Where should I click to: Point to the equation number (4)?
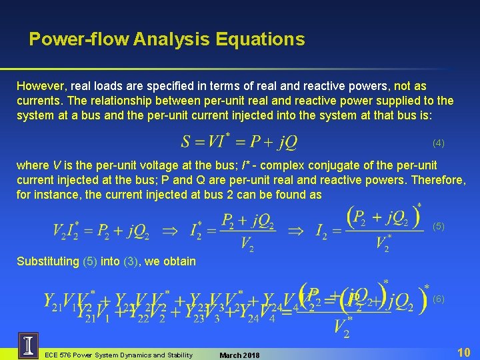coord(438,143)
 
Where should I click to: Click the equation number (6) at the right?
coord(438,299)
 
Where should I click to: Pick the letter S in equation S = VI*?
coord(186,142)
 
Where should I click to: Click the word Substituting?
coord(47,261)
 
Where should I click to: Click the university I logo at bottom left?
coord(28,345)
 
